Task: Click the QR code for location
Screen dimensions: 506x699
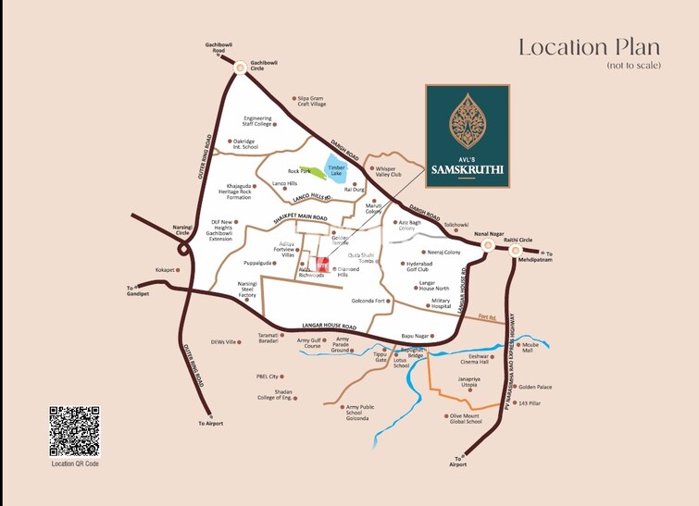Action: pos(73,430)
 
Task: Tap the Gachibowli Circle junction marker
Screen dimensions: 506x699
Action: pos(241,67)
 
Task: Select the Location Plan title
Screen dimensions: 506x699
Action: pos(589,47)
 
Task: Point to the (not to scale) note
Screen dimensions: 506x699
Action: pos(634,67)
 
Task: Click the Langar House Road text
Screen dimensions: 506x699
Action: pos(329,327)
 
